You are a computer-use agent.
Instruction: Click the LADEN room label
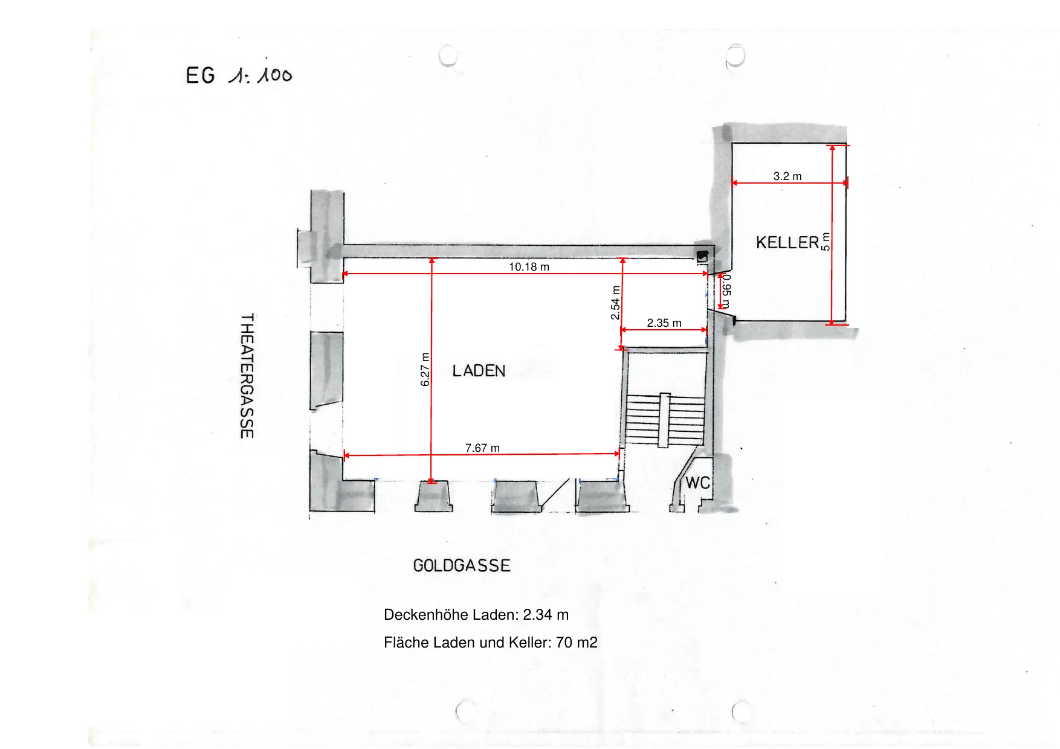pyautogui.click(x=479, y=371)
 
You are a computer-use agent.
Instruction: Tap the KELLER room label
pyautogui.click(x=787, y=243)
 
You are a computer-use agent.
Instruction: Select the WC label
pyautogui.click(x=697, y=483)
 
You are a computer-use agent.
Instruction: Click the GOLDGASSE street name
pyautogui.click(x=462, y=566)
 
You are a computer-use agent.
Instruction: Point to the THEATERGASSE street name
pyautogui.click(x=247, y=376)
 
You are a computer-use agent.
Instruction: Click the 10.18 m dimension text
pyautogui.click(x=529, y=267)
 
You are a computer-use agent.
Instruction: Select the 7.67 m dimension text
pyautogui.click(x=482, y=448)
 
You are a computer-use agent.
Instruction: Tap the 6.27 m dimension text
pyautogui.click(x=425, y=370)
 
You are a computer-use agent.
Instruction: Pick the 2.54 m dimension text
pyautogui.click(x=615, y=303)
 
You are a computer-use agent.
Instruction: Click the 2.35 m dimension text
pyautogui.click(x=664, y=323)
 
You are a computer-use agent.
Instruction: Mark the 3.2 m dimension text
pyautogui.click(x=787, y=176)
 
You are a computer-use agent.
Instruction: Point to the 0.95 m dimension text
pyautogui.click(x=727, y=291)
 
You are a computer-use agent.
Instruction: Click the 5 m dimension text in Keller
pyautogui.click(x=826, y=242)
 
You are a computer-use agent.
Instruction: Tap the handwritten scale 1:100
pyautogui.click(x=260, y=76)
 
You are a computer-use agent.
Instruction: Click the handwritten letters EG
pyautogui.click(x=200, y=76)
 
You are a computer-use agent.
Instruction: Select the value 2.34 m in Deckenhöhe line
pyautogui.click(x=546, y=615)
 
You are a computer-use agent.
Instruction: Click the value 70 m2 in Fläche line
pyautogui.click(x=577, y=643)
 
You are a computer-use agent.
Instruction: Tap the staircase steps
pyautogui.click(x=665, y=420)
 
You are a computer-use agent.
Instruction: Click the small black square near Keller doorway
pyautogui.click(x=702, y=256)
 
